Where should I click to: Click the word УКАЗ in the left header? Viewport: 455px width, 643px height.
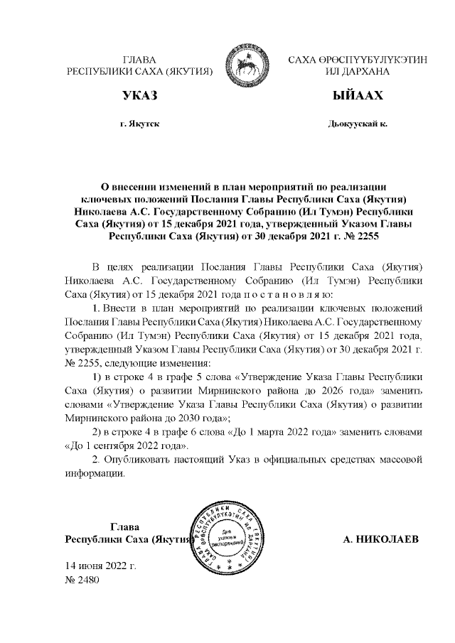[139, 96]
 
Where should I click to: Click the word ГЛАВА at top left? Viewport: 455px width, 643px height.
[139, 60]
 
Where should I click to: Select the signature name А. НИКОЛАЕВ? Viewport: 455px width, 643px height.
[381, 541]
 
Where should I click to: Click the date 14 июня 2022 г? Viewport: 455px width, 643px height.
[100, 566]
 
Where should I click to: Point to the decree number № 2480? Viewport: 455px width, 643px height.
[82, 580]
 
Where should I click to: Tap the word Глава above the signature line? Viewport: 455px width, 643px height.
[124, 527]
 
